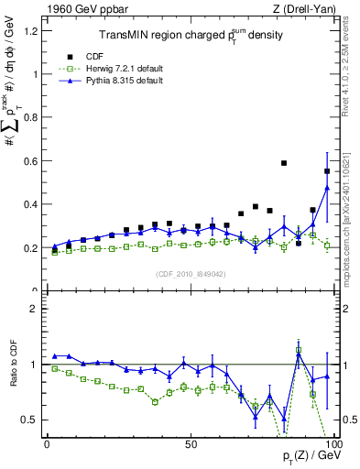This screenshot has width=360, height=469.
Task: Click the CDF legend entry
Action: (93, 55)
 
